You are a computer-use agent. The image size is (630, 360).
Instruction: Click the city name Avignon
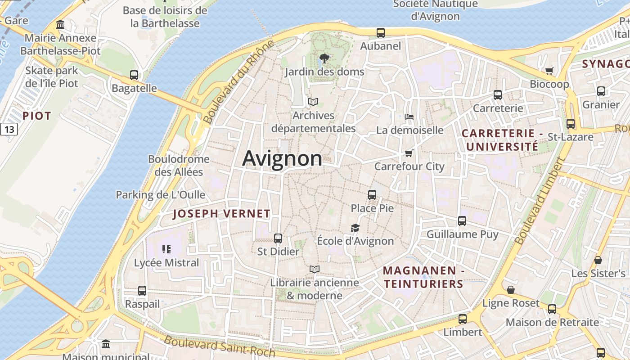pos(282,158)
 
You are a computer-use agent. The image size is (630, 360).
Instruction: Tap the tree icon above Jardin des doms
pos(324,58)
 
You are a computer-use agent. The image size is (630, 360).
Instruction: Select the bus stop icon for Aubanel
pos(381,32)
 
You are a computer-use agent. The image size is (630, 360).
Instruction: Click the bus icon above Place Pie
pos(372,195)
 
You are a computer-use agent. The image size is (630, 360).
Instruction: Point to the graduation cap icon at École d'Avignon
pos(355,228)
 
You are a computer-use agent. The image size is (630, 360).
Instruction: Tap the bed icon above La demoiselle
pos(409,117)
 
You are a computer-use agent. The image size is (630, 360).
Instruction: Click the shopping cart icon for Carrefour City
pos(409,153)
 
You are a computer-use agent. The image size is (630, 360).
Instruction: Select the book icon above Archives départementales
pos(313,102)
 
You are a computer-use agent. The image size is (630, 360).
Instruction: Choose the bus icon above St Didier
pos(278,238)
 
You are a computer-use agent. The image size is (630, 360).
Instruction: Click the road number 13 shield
pos(9,130)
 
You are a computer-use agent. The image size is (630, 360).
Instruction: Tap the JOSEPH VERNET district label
pos(221,214)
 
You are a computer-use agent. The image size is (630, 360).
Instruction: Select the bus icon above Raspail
pos(142,291)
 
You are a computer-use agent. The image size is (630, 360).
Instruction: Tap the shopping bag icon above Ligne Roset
pos(511,290)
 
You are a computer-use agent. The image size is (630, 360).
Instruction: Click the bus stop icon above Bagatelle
pos(134,75)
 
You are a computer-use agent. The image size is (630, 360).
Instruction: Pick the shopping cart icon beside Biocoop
pos(549,71)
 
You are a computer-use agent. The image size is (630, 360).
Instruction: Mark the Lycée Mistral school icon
pos(166,249)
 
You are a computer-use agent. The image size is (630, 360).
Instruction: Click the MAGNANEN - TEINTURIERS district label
pos(423,277)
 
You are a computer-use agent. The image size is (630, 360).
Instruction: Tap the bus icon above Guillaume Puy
pos(462,221)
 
